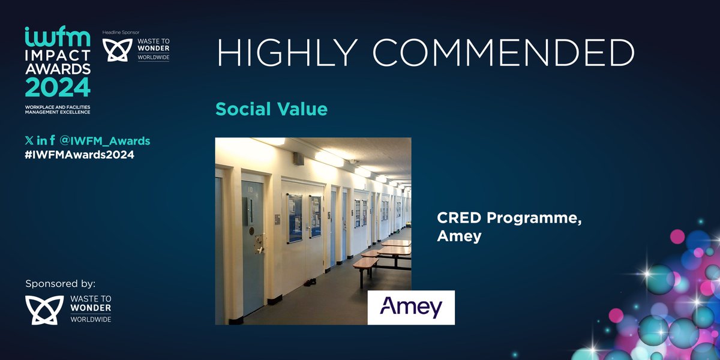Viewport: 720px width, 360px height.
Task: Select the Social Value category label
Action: (x=271, y=109)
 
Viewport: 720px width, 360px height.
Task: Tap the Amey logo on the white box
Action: (x=411, y=307)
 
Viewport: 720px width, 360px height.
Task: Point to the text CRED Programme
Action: (x=509, y=219)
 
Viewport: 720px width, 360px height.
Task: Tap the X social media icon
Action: (x=29, y=141)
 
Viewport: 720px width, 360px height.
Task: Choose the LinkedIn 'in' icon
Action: (x=41, y=141)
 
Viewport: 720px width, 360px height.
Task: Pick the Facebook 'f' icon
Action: (x=53, y=141)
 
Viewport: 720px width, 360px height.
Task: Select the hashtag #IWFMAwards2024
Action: (x=79, y=155)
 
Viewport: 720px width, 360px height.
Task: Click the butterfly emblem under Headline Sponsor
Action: (x=115, y=50)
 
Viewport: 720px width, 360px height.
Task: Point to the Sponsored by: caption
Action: (x=61, y=283)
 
